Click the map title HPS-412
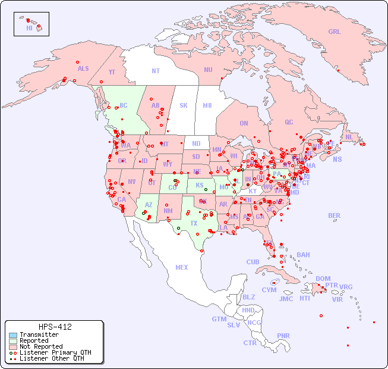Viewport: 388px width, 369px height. coord(55,327)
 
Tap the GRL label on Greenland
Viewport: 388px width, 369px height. coord(335,32)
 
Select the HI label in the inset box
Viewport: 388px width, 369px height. coord(30,28)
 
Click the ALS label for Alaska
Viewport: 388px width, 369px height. coord(83,68)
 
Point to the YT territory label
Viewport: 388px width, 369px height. coord(112,72)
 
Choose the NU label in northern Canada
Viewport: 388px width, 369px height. coord(208,70)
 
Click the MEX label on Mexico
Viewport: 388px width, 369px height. coord(182,267)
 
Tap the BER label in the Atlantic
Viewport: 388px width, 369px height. coord(335,215)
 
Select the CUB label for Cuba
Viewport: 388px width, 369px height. coord(253,262)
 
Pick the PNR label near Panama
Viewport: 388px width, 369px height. coord(283,336)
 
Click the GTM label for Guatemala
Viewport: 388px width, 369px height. coord(219,319)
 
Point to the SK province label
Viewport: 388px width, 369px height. coord(184,105)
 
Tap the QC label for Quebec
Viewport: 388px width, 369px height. coord(289,122)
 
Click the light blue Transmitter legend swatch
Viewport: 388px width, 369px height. coord(13,335)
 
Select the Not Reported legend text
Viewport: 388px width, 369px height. coord(41,346)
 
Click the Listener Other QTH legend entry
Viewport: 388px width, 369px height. coord(48,358)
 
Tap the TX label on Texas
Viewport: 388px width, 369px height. coord(194,223)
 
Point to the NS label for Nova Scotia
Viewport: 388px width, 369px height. coord(337,159)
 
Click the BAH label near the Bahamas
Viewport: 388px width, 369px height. coord(303,255)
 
